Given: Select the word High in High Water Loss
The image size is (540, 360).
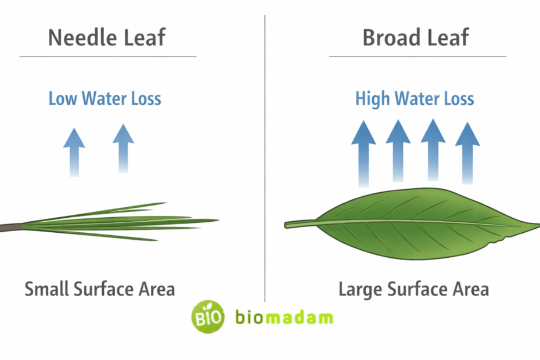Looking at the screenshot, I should tap(372, 98).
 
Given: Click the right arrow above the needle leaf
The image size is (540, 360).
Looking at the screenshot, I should tap(123, 148).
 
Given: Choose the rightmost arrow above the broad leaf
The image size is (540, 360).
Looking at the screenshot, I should tap(467, 151).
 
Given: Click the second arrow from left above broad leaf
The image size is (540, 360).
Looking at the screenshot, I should tap(398, 151).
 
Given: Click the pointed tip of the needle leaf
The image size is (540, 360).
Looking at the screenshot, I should tap(216, 221).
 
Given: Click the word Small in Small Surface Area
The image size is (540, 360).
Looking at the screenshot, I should tap(45, 289).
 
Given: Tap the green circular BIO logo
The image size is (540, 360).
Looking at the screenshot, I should tap(208, 316).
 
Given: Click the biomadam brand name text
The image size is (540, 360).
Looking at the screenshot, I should tap(285, 318).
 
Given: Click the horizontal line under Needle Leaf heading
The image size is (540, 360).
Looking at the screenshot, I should tap(108, 56).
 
